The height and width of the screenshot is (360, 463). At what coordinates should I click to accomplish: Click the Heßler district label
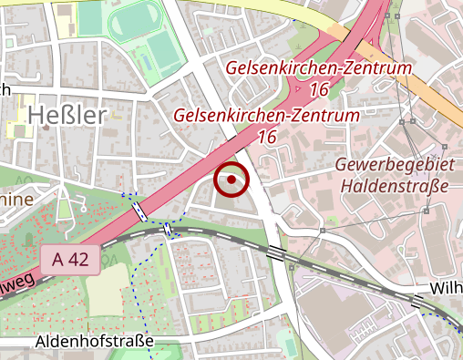pos(67,115)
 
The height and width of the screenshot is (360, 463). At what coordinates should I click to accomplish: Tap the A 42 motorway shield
pos(70,259)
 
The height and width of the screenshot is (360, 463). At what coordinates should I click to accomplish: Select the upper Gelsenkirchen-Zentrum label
pos(318,69)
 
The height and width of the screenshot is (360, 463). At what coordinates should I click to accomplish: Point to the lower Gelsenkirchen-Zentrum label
pos(266,116)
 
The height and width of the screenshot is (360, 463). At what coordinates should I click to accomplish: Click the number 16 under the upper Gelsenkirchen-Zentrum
pos(318,89)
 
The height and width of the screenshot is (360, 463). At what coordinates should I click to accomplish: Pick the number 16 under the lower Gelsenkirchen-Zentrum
pos(266,137)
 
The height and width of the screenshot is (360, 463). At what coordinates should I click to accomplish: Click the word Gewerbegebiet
pos(394,166)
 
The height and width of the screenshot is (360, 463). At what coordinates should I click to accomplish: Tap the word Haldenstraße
pos(396,187)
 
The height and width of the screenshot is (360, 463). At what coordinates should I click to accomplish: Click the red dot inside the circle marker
pos(231,180)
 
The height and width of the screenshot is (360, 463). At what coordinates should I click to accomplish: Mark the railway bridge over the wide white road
pos(275,251)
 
